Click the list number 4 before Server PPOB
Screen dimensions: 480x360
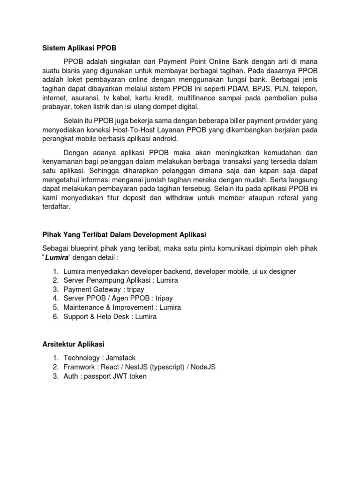pos(55,299)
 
